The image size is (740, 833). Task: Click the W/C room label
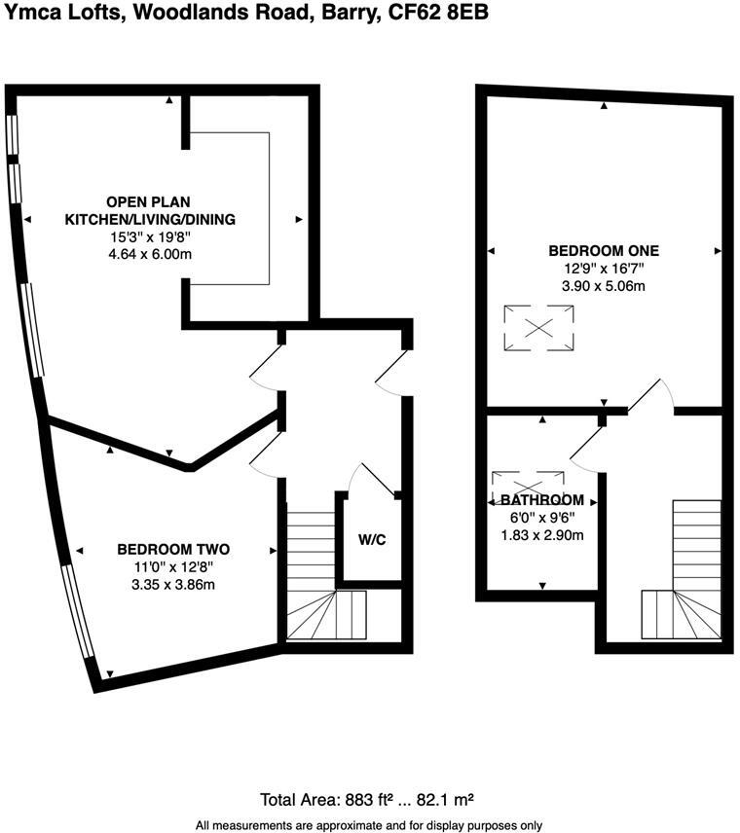[x=372, y=541]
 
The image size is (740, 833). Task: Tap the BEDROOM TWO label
[x=173, y=548]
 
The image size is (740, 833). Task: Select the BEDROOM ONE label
[x=604, y=250]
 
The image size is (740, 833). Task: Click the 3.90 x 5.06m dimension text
[x=604, y=286]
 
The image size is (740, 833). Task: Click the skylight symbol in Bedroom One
[x=538, y=328]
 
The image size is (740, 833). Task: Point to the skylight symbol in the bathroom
[x=529, y=483]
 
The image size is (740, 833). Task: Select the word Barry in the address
[x=348, y=13]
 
